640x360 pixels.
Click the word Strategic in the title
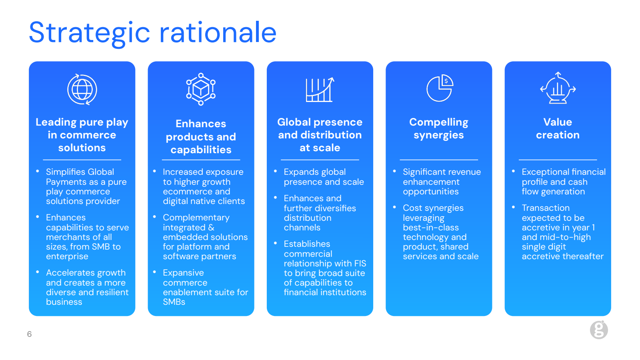pyautogui.click(x=90, y=33)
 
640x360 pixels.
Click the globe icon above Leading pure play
pyautogui.click(x=82, y=90)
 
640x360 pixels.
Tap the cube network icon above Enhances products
pyautogui.click(x=201, y=89)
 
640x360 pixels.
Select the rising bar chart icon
pyautogui.click(x=320, y=90)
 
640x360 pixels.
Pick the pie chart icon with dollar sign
pyautogui.click(x=440, y=88)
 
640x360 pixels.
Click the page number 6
pyautogui.click(x=29, y=334)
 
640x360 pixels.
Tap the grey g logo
pyautogui.click(x=599, y=330)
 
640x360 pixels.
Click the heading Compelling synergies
pyautogui.click(x=438, y=128)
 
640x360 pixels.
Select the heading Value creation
pyautogui.click(x=558, y=128)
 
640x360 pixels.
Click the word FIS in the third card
pyautogui.click(x=360, y=264)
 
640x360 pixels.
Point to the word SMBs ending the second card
pyautogui.click(x=174, y=302)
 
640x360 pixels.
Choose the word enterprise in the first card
pyautogui.click(x=67, y=256)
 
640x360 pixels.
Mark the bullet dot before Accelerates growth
pyautogui.click(x=38, y=272)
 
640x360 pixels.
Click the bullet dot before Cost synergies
pyautogui.click(x=394, y=207)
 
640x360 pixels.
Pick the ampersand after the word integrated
pyautogui.click(x=211, y=228)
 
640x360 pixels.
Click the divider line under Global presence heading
pyautogui.click(x=320, y=160)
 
